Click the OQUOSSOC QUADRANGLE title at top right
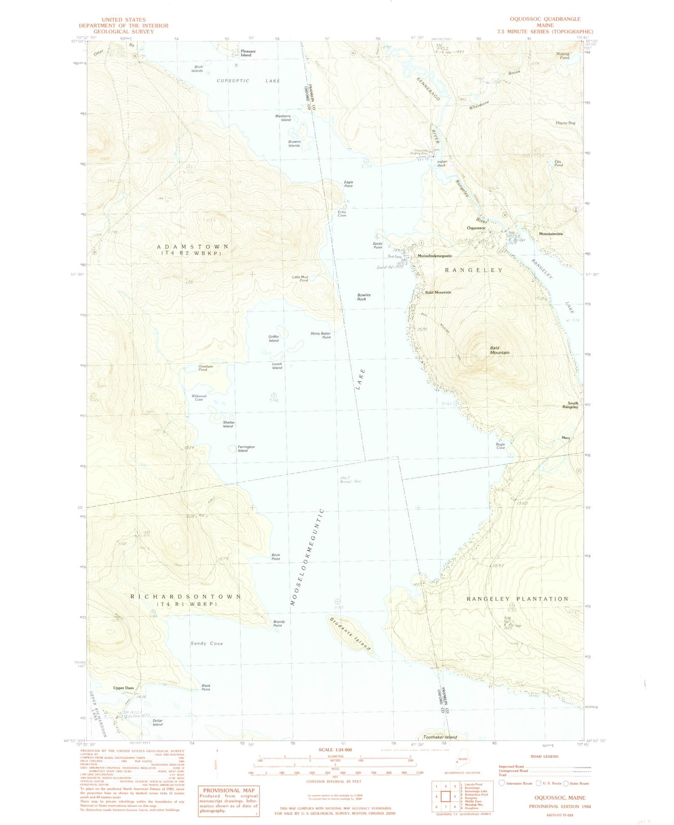(x=545, y=19)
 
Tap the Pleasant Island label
(x=248, y=53)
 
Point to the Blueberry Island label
(x=283, y=118)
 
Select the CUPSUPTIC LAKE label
(x=248, y=81)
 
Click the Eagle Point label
(x=348, y=184)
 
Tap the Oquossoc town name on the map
(x=476, y=228)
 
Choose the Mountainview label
(x=551, y=234)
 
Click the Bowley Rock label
(x=364, y=297)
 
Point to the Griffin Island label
(x=274, y=339)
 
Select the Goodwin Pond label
(x=205, y=368)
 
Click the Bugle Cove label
(x=500, y=446)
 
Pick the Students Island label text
(x=351, y=634)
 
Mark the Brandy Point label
(x=279, y=623)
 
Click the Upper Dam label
(x=123, y=688)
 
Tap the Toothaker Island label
(x=440, y=737)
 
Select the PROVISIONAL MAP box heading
(x=229, y=790)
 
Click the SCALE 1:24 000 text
(x=335, y=750)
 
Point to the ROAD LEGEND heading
(x=544, y=756)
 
